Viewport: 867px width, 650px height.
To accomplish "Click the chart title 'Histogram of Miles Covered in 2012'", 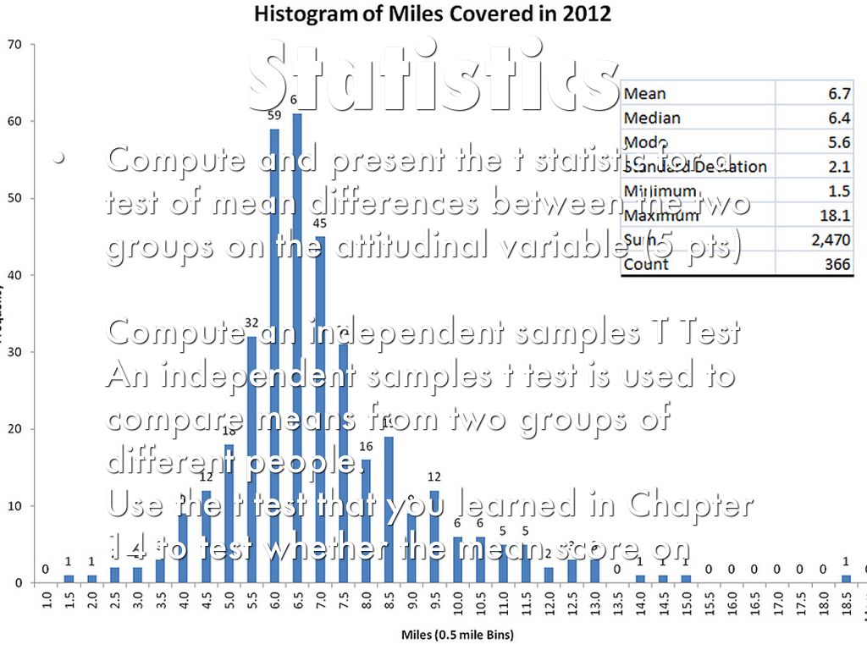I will click(433, 14).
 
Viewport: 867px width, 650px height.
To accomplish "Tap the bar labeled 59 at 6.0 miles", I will click(274, 355).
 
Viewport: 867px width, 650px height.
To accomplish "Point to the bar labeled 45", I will click(319, 406).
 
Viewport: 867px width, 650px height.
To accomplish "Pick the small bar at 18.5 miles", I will click(846, 579).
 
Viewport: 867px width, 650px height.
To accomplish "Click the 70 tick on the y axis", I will click(14, 44).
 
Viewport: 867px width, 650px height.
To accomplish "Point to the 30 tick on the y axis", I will click(14, 352).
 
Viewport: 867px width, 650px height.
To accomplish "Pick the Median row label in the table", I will click(651, 118).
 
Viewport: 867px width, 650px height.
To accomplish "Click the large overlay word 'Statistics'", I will click(433, 74).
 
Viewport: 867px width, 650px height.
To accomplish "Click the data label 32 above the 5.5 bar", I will click(251, 322).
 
